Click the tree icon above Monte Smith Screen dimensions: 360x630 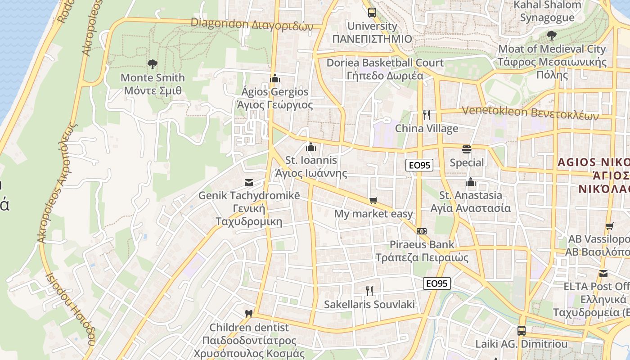[x=153, y=64]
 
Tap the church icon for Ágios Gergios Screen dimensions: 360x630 [x=275, y=79]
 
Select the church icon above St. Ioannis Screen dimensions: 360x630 [x=310, y=147]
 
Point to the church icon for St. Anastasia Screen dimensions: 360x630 [x=471, y=182]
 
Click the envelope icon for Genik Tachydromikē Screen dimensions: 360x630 [x=248, y=183]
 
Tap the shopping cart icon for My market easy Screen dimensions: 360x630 [x=373, y=201]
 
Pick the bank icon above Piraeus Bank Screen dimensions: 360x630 [x=422, y=231]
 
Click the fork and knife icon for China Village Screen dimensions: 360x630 [x=426, y=115]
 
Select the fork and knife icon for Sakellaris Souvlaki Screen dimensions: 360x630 [x=369, y=291]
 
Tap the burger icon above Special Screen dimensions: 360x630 [x=467, y=149]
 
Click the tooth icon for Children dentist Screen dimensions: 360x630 [x=248, y=314]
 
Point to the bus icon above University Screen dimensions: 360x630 [x=372, y=13]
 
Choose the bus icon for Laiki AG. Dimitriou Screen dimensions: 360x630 [x=521, y=331]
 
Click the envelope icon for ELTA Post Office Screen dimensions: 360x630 [x=603, y=273]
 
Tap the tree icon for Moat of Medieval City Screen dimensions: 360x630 [x=551, y=36]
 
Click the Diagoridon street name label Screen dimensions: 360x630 [x=252, y=24]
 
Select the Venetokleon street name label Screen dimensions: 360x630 [x=531, y=112]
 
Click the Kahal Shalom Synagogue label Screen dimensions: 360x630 [x=547, y=11]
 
